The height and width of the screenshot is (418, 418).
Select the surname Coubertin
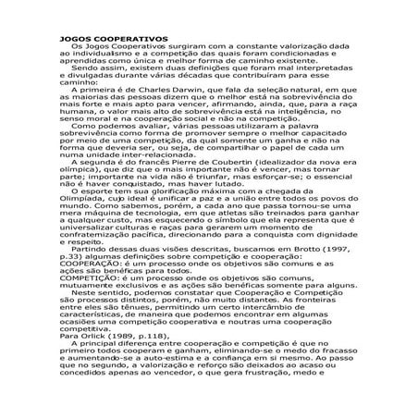coord(239,186)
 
